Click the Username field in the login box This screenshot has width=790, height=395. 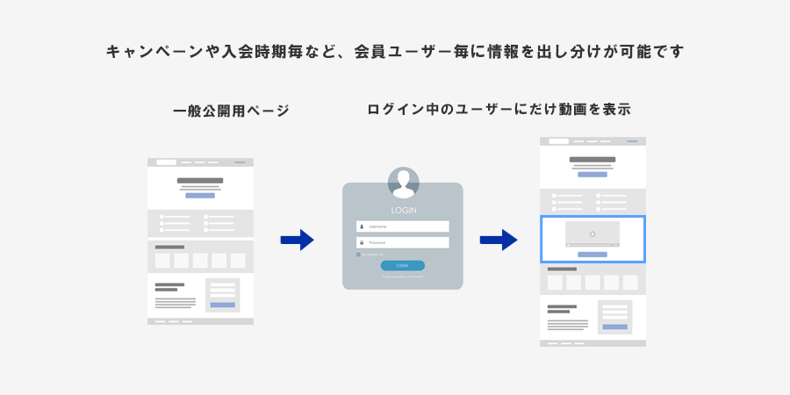coord(403,226)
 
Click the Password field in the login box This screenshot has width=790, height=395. coord(403,242)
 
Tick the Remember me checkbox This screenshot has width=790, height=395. coord(358,255)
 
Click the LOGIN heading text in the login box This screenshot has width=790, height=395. coord(403,211)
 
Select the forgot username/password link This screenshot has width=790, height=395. coord(402,276)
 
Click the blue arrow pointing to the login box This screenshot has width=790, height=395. coord(297,240)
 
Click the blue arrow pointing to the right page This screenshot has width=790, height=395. coord(498,240)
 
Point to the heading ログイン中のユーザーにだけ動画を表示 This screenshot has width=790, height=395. coord(499,110)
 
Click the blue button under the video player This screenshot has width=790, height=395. coord(592,254)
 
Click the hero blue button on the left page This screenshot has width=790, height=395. coord(200,195)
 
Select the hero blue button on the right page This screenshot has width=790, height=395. coord(592,174)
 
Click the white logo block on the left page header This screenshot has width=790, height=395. coord(166,162)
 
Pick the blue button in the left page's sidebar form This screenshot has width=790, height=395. coord(222,305)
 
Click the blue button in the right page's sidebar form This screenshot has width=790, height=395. coord(614,327)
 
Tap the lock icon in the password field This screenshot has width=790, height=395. coord(361,242)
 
